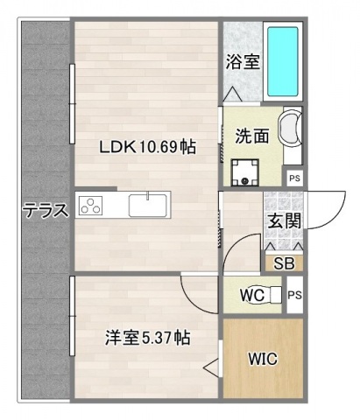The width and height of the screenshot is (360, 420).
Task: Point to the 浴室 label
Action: (243, 64)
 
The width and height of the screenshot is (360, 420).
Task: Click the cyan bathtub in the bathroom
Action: (283, 61)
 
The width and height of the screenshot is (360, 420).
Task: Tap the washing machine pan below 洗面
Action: (245, 171)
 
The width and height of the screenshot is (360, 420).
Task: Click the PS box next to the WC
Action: (294, 295)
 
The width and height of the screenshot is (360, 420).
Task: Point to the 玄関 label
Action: (281, 219)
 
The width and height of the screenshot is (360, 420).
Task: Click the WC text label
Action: (253, 295)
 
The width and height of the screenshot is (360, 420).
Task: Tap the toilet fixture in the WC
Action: (274, 295)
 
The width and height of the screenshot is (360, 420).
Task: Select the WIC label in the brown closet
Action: (262, 359)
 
